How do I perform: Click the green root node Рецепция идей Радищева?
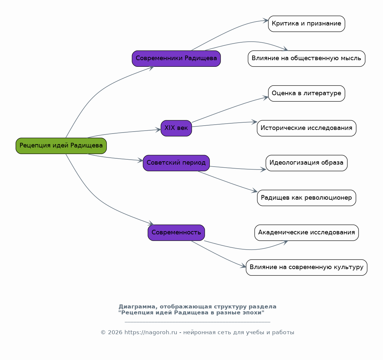click(61, 146)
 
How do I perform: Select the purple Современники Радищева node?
click(176, 59)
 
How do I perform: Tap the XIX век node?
click(176, 128)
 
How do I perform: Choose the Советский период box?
click(176, 163)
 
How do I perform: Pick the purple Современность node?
click(176, 233)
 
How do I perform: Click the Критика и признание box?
click(306, 24)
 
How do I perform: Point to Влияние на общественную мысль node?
click(306, 59)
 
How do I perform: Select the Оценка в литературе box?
click(306, 94)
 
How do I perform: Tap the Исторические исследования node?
click(306, 128)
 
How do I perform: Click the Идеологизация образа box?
click(306, 163)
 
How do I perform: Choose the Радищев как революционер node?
click(306, 198)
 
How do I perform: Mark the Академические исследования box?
click(306, 233)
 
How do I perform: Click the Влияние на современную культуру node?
click(306, 267)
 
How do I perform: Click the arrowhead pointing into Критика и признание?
click(265, 20)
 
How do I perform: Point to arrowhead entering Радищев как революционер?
click(255, 191)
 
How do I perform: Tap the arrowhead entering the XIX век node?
click(158, 130)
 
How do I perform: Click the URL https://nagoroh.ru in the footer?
click(151, 332)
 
